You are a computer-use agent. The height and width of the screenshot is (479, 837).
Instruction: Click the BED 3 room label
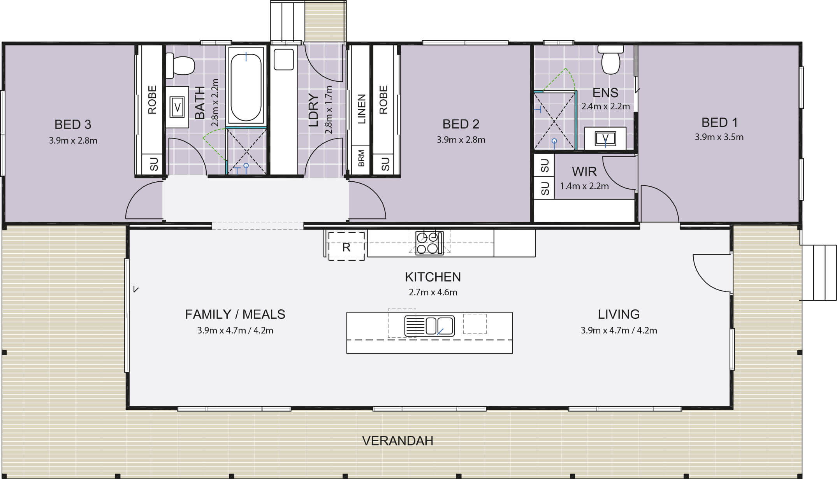point(73,125)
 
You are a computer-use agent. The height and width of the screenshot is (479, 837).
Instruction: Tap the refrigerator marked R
point(346,246)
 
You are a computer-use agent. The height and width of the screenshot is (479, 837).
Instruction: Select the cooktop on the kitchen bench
point(429,243)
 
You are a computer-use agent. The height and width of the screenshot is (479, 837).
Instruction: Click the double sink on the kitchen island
point(429,326)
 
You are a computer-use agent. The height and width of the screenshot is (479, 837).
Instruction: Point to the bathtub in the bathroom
point(246,87)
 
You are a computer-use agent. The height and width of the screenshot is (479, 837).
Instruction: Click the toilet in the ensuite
point(610,60)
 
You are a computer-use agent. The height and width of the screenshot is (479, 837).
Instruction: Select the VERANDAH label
point(397,440)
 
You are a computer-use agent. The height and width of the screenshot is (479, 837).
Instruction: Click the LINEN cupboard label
point(361,109)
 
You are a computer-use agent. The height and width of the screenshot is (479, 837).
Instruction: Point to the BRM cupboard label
point(361,158)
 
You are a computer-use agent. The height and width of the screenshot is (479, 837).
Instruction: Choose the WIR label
point(584,172)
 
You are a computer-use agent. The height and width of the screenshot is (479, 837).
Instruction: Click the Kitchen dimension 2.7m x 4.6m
point(433,292)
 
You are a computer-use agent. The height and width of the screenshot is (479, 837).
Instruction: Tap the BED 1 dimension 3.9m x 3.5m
point(719,137)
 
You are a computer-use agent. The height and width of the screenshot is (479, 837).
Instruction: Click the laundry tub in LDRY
point(284,59)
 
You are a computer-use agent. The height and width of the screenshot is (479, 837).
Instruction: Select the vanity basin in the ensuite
point(605,139)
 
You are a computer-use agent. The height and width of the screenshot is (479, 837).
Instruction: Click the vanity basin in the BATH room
point(177,107)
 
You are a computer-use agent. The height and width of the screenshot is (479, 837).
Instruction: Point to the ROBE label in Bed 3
point(152,100)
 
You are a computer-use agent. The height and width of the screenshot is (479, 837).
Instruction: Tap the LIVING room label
point(619,314)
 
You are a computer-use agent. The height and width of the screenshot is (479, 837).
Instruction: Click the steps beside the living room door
point(818,272)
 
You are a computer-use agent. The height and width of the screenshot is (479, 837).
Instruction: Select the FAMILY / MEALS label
point(235,314)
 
